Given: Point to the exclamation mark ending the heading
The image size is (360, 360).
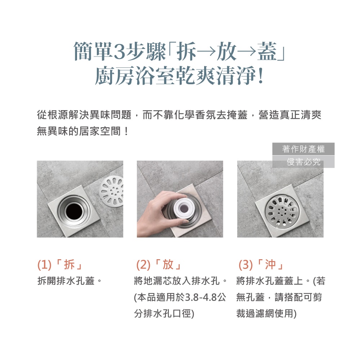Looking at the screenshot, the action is click(x=260, y=76).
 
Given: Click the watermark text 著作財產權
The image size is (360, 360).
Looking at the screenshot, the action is click(x=303, y=149).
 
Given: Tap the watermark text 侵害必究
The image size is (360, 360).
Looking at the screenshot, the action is click(x=303, y=162).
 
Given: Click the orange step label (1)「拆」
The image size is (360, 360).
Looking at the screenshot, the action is click(x=60, y=265).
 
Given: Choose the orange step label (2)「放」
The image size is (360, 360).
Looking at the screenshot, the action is click(x=159, y=265).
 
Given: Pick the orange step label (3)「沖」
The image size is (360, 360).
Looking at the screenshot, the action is click(x=261, y=265).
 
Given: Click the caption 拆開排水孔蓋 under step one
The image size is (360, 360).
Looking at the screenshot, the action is click(x=66, y=280).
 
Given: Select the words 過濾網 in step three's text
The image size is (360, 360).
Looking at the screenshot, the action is click(x=260, y=314).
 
